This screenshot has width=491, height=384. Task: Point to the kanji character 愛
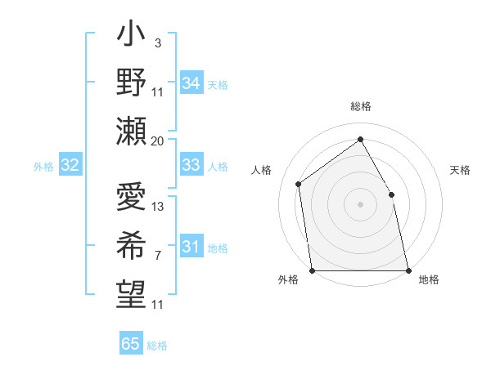click(131, 198)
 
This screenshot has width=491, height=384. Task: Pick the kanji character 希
click(131, 244)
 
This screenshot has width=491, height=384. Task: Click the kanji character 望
click(131, 292)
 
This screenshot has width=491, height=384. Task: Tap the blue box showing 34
click(191, 83)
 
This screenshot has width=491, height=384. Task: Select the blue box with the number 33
click(191, 165)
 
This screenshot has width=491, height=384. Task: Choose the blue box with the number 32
click(70, 166)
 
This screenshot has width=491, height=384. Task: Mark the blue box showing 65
click(130, 344)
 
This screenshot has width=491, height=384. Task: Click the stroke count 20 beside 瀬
click(158, 141)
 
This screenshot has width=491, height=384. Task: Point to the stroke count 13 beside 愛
click(158, 206)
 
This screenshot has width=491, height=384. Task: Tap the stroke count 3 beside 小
click(157, 42)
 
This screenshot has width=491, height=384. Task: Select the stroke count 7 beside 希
click(157, 255)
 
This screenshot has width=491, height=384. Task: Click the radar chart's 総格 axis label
click(361, 107)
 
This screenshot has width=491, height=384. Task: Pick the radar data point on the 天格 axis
click(391, 194)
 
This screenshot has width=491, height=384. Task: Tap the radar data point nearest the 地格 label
click(408, 270)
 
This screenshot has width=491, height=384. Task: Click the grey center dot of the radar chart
click(360, 204)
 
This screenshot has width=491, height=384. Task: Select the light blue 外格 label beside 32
click(43, 167)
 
